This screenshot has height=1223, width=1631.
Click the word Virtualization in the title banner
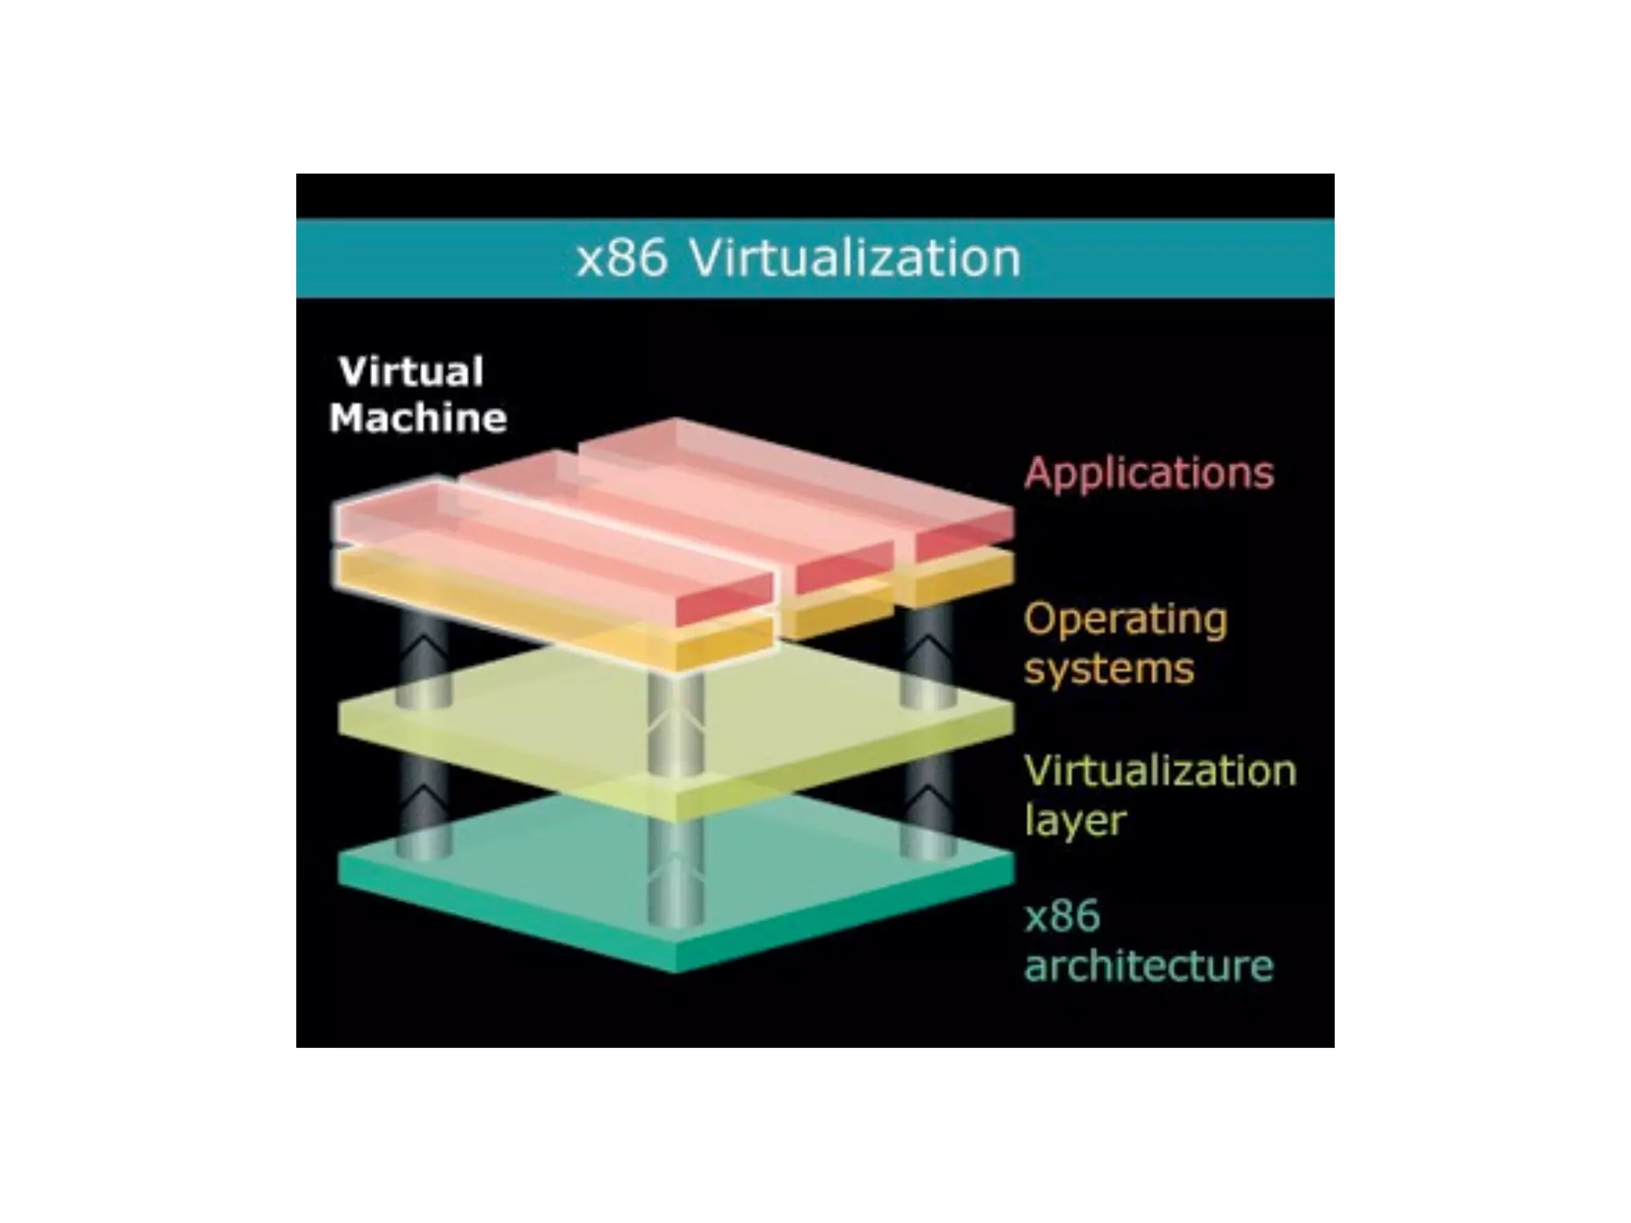(854, 258)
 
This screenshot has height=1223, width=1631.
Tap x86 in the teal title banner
(621, 260)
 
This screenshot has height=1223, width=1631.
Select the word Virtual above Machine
(411, 372)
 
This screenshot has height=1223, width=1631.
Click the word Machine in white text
(418, 418)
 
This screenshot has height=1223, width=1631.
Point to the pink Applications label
(1148, 472)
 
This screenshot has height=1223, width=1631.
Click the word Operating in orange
(1125, 619)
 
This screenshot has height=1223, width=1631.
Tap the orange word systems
(1109, 667)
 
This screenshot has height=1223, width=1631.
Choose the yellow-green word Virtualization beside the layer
(1160, 771)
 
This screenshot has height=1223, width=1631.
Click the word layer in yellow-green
(1075, 820)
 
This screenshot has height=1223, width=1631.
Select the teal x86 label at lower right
(1062, 916)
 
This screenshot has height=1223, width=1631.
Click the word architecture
(1148, 965)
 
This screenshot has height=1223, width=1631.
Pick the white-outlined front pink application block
(550, 549)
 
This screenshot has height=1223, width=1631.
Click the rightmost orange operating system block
(956, 581)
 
